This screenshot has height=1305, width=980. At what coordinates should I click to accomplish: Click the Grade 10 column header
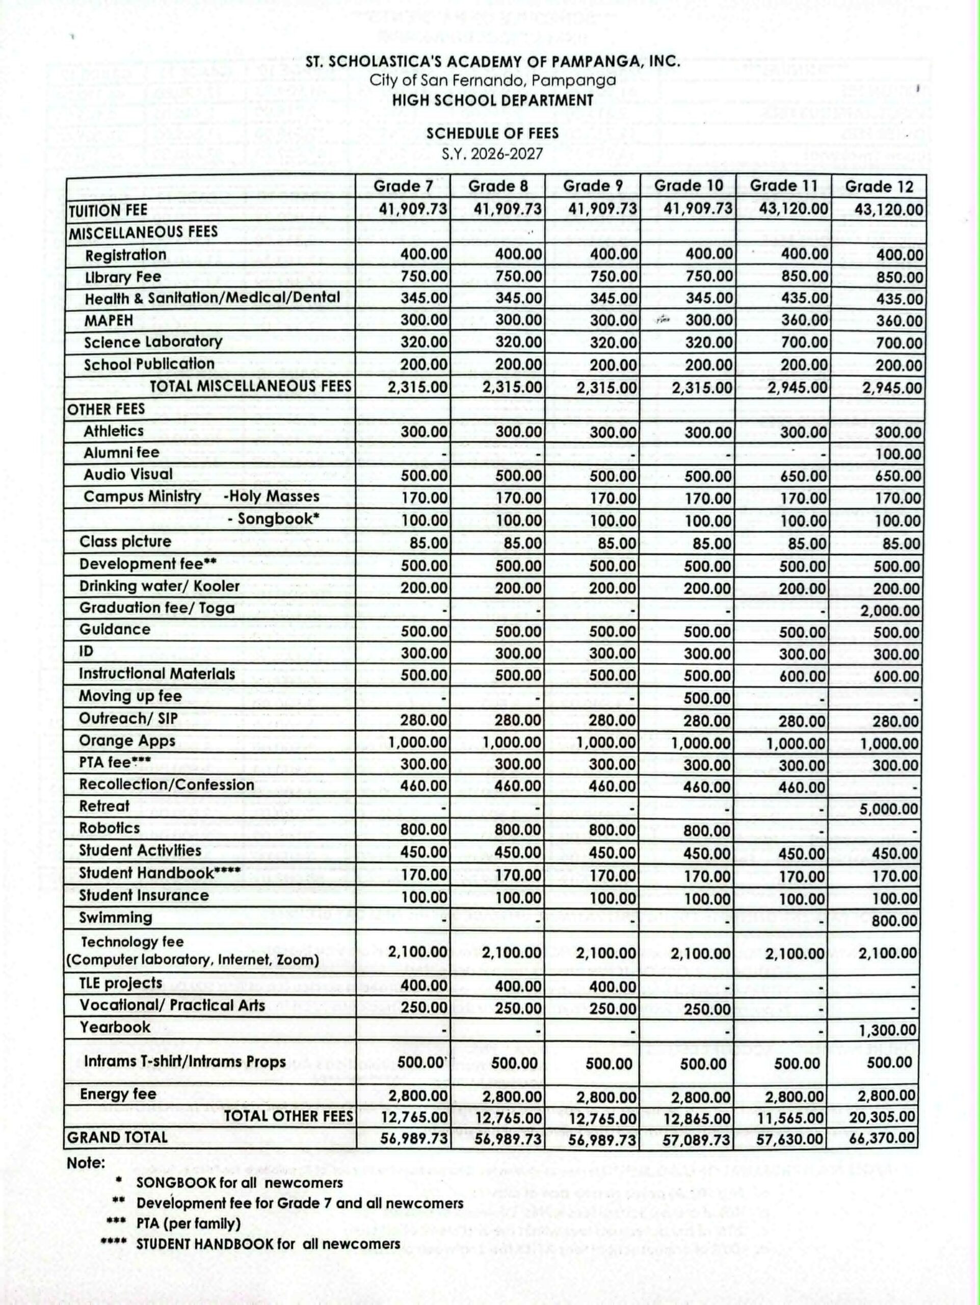tap(688, 186)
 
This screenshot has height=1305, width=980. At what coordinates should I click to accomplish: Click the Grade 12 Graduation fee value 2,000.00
tap(890, 611)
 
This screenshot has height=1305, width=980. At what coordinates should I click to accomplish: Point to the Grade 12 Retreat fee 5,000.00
tap(890, 809)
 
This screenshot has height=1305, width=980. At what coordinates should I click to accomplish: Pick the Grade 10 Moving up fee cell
tap(707, 698)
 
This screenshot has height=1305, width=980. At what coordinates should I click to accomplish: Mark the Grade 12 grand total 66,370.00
tap(883, 1137)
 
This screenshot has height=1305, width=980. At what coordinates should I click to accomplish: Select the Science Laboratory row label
tap(153, 342)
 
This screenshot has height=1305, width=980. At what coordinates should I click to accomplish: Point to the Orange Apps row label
tap(127, 741)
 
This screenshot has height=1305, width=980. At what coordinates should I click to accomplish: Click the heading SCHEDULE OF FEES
tap(492, 134)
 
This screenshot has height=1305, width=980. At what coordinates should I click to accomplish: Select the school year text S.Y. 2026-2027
tap(492, 154)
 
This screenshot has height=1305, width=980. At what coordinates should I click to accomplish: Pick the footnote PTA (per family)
tap(188, 1223)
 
